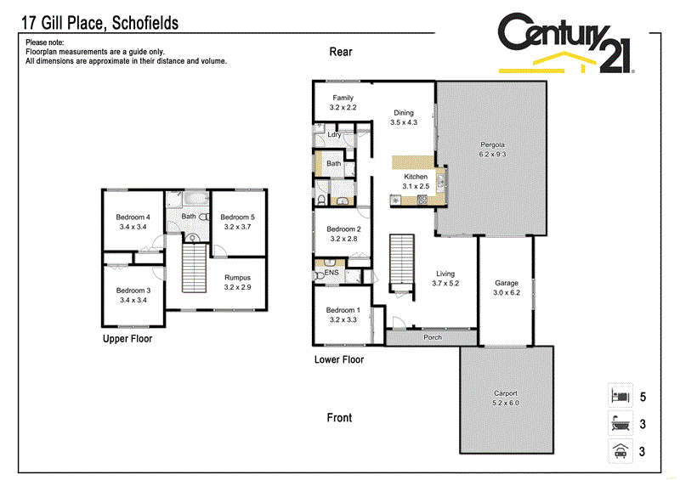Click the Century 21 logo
pyautogui.click(x=565, y=42)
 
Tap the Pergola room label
pyautogui.click(x=492, y=150)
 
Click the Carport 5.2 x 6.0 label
pyautogui.click(x=506, y=398)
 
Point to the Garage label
pyautogui.click(x=507, y=287)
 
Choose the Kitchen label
pyautogui.click(x=416, y=181)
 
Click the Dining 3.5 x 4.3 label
pyautogui.click(x=403, y=117)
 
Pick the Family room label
pyautogui.click(x=343, y=103)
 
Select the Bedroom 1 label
pyautogui.click(x=343, y=315)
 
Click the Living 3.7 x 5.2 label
pyautogui.click(x=445, y=279)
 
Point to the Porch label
pyautogui.click(x=433, y=337)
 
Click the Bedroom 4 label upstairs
pyautogui.click(x=133, y=222)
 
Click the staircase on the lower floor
pyautogui.click(x=401, y=263)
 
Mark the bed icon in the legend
pyautogui.click(x=618, y=396)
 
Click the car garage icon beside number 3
pyautogui.click(x=618, y=452)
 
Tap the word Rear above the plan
pyautogui.click(x=341, y=52)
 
